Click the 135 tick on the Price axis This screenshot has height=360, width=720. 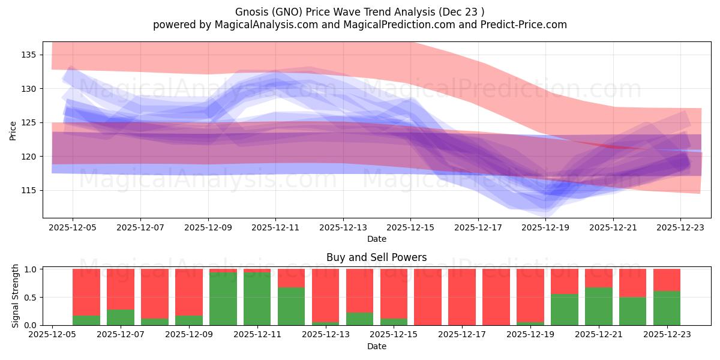pyautogui.click(x=29, y=55)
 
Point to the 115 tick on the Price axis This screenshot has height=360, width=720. pyautogui.click(x=29, y=190)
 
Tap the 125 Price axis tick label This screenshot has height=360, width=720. pyautogui.click(x=29, y=122)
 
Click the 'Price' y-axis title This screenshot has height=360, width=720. pyautogui.click(x=13, y=130)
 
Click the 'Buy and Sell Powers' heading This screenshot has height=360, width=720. pyautogui.click(x=376, y=257)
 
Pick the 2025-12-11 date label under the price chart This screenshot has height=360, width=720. pyautogui.click(x=275, y=228)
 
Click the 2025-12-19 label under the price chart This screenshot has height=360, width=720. pyautogui.click(x=545, y=228)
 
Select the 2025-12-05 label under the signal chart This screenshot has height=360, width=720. pyautogui.click(x=53, y=335)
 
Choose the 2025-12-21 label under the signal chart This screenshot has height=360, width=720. pyautogui.click(x=599, y=335)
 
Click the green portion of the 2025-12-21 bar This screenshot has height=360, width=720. pyautogui.click(x=599, y=306)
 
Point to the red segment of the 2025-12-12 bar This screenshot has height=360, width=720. pyautogui.click(x=291, y=278)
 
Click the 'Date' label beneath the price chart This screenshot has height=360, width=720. pyautogui.click(x=376, y=239)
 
